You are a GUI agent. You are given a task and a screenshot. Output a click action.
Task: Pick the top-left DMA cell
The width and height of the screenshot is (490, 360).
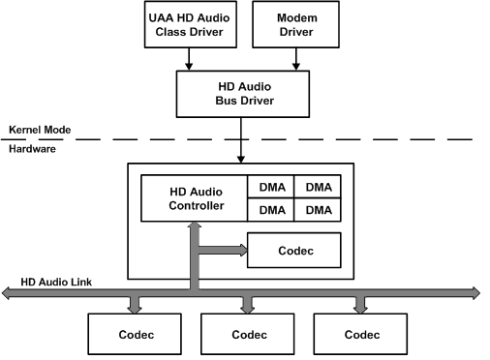click(x=270, y=187)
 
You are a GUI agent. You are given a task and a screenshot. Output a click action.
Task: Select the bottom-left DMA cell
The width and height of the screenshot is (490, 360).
click(x=270, y=210)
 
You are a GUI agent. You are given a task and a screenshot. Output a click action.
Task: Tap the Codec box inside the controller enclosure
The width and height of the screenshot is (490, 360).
click(x=294, y=250)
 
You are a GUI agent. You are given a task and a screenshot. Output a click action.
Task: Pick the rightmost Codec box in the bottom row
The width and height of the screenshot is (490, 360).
click(x=359, y=334)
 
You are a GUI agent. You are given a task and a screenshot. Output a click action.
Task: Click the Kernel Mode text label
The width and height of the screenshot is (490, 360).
click(x=34, y=130)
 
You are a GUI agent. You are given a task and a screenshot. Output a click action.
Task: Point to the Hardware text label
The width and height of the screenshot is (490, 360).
click(x=32, y=148)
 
